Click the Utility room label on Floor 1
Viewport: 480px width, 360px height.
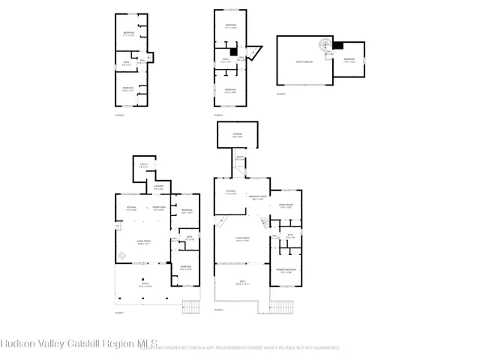(x=142, y=166)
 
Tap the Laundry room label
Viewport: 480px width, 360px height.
(x=158, y=187)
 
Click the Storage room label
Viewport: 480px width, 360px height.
(x=237, y=136)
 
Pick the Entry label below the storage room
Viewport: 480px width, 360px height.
(x=239, y=159)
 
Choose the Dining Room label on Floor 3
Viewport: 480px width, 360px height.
(x=285, y=205)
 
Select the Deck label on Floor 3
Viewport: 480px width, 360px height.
(x=241, y=283)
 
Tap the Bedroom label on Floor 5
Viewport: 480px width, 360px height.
(x=349, y=60)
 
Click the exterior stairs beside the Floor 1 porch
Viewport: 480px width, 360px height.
(x=192, y=307)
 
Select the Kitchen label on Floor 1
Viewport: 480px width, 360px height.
(x=131, y=208)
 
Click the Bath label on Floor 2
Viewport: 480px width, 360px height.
(x=127, y=64)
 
